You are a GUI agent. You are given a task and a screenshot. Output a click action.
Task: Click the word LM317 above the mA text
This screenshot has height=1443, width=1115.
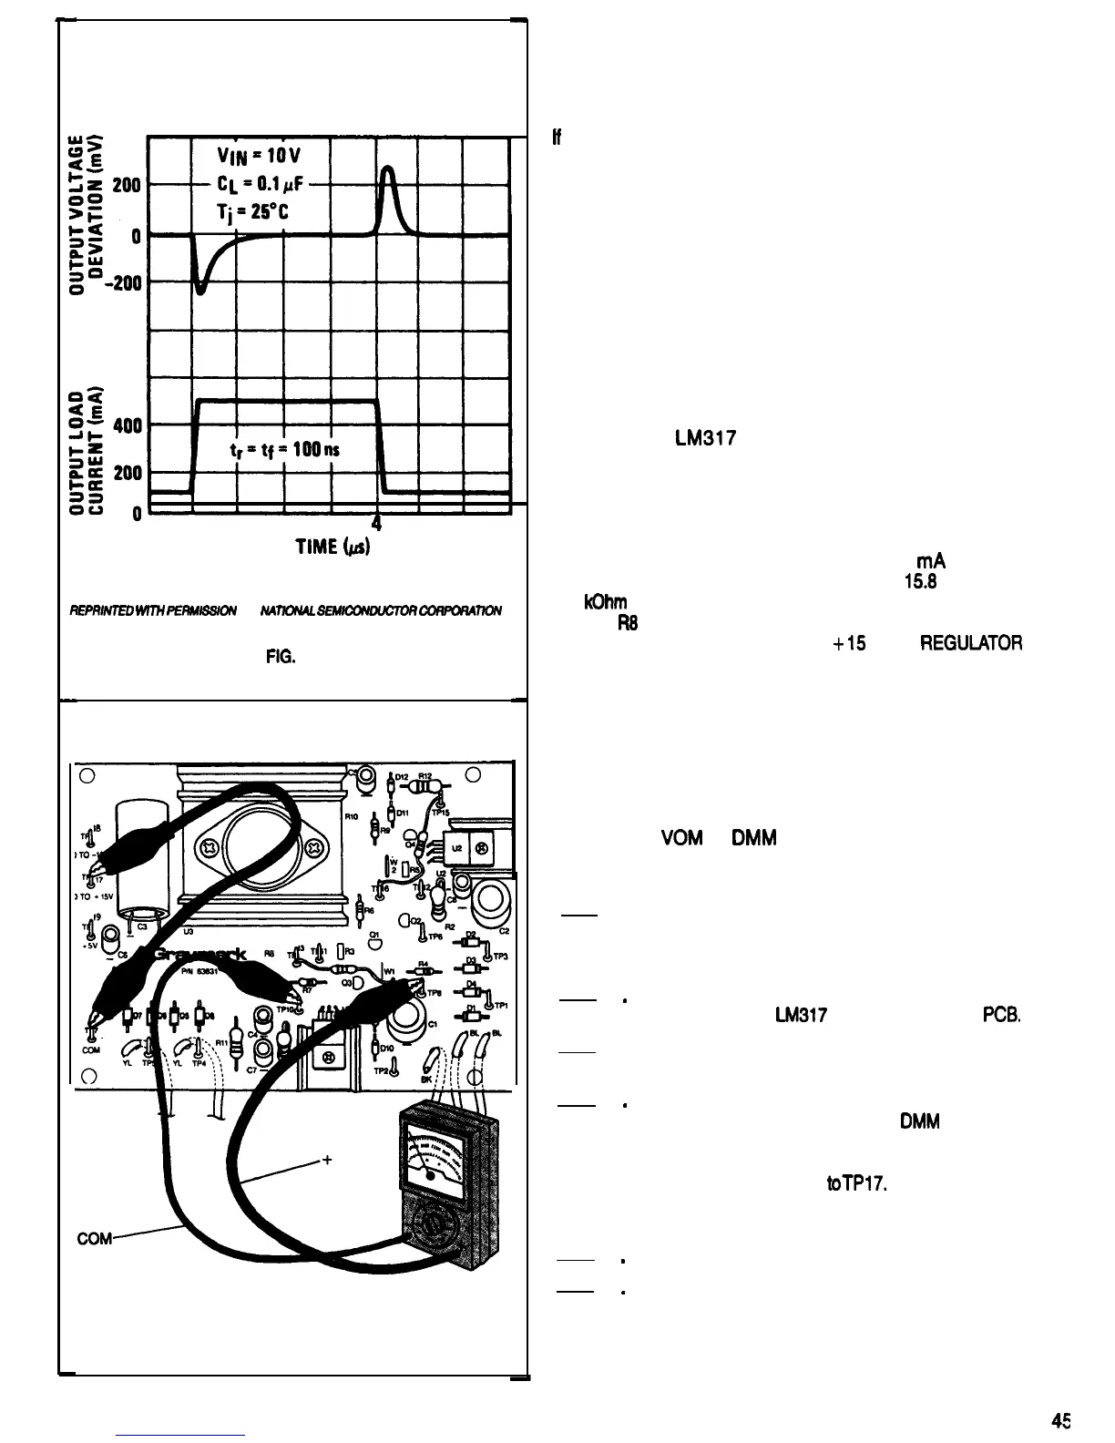tap(706, 438)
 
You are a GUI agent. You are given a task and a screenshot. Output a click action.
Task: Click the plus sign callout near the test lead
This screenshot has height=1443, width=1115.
tap(325, 1161)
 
